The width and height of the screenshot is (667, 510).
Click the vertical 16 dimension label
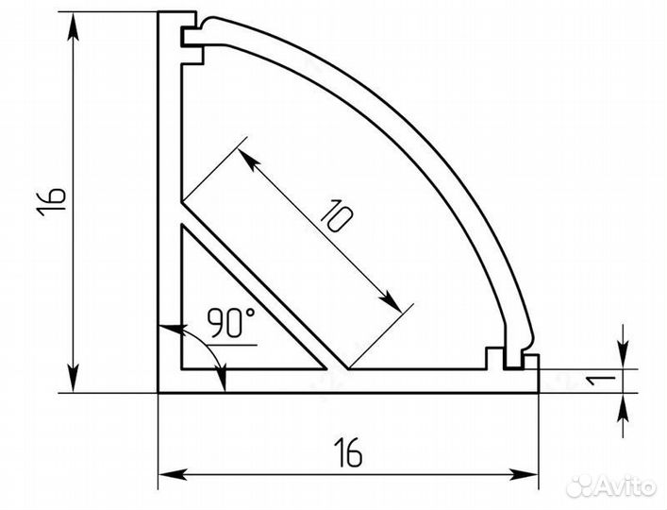[52, 201]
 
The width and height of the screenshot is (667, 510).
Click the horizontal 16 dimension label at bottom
[348, 452]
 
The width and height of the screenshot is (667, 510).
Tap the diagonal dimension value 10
[336, 215]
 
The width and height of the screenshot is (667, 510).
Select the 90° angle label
[231, 322]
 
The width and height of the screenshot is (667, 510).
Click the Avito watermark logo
[611, 485]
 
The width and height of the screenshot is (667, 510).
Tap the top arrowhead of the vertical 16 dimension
[74, 26]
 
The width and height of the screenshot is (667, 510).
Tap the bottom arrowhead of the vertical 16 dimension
[74, 378]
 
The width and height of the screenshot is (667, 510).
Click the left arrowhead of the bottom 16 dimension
[173, 474]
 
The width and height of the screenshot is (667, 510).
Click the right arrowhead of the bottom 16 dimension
[525, 474]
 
